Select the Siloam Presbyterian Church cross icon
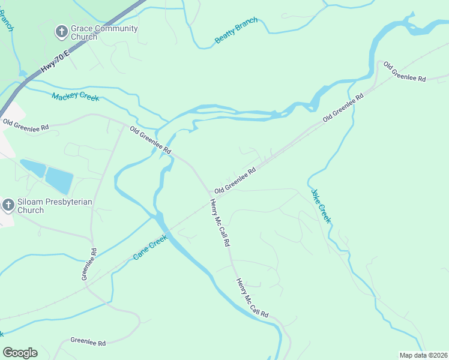[8, 206]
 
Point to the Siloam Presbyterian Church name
[55, 206]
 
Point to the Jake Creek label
[321, 206]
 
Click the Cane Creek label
[150, 247]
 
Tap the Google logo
[20, 353]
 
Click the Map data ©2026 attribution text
[423, 355]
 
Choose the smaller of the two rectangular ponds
[33, 167]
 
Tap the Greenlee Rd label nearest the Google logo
[88, 342]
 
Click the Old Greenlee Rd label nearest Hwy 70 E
[25, 124]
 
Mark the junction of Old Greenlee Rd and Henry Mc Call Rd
[211, 196]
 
